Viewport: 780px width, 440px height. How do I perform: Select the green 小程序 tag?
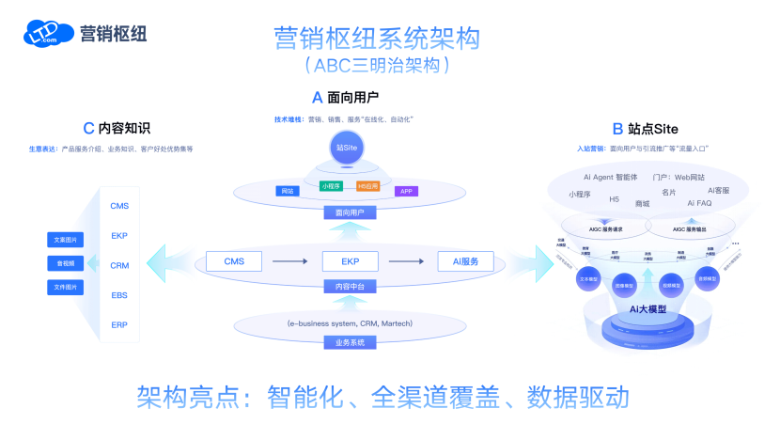tap(331, 186)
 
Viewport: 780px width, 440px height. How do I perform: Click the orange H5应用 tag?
tap(368, 186)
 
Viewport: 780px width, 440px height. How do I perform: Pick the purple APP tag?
tap(406, 191)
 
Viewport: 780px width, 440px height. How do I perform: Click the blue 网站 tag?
tap(288, 191)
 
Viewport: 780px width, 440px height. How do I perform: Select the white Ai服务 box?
tap(465, 261)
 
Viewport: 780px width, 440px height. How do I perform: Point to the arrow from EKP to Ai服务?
tap(408, 261)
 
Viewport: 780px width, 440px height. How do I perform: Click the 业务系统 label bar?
tap(347, 343)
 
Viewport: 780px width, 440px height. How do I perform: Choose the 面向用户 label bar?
tap(347, 212)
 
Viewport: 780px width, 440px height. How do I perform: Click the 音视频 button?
tap(66, 263)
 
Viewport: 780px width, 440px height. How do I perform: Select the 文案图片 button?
tap(66, 240)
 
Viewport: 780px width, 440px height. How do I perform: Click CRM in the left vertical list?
tap(119, 266)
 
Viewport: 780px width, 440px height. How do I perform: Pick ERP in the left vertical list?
tap(119, 325)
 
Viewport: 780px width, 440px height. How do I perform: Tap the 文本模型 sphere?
tap(589, 279)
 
